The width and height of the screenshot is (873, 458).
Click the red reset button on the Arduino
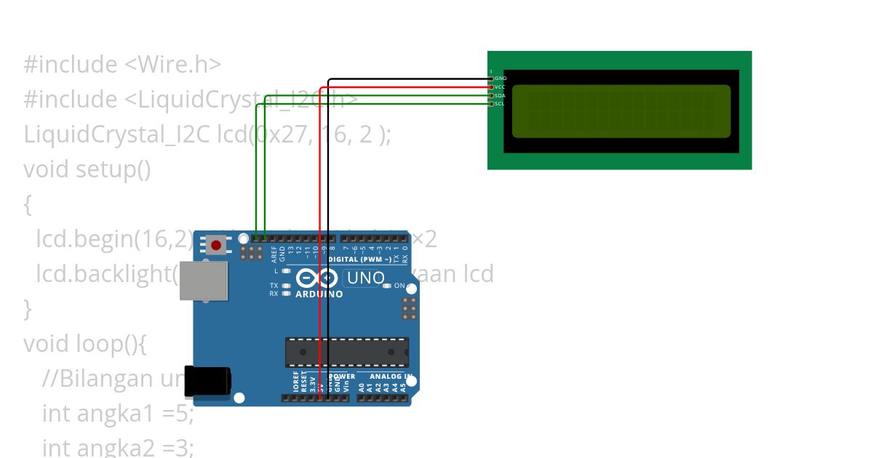[216, 245]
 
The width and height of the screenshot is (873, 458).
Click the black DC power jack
[207, 381]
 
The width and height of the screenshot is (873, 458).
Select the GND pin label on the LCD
[501, 78]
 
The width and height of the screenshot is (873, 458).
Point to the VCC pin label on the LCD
[501, 87]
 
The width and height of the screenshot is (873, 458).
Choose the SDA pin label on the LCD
[501, 95]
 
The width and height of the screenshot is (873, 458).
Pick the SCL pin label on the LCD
[501, 104]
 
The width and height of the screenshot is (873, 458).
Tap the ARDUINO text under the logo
[319, 294]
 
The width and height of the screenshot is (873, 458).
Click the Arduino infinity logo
[316, 278]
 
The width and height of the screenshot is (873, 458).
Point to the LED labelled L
[287, 271]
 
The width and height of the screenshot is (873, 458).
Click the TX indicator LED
[287, 286]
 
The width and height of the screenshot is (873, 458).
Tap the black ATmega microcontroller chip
[346, 352]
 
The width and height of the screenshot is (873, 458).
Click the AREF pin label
[275, 254]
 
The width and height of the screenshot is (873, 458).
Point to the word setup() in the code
[113, 169]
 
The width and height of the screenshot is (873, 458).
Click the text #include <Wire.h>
[122, 65]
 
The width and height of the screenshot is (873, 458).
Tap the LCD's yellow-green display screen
[621, 111]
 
